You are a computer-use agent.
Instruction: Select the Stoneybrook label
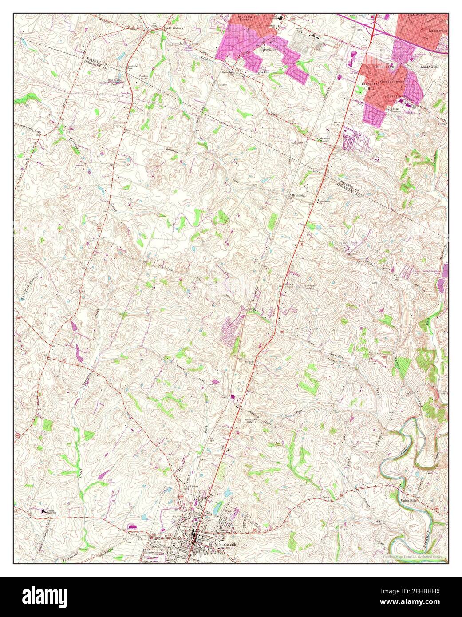tap(391, 82)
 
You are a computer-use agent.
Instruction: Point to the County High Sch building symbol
tap(44, 511)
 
